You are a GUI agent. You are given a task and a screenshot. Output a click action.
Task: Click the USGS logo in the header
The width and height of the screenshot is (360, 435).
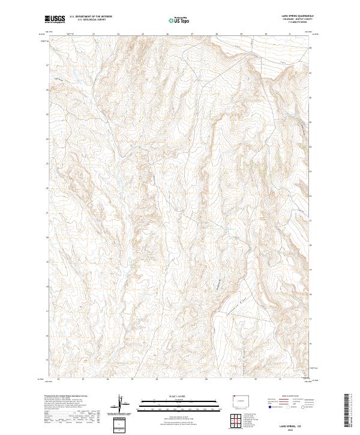click(x=55, y=19)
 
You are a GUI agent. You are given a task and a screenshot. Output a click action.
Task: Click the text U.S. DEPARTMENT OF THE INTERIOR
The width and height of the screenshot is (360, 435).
click(x=91, y=16)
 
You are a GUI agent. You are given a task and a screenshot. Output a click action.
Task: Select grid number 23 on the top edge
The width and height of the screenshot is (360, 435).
click(x=94, y=34)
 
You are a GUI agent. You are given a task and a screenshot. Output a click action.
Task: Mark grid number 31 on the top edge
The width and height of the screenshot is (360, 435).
click(x=289, y=34)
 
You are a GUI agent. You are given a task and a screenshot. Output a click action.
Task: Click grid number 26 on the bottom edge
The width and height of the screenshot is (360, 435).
click(x=157, y=379)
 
